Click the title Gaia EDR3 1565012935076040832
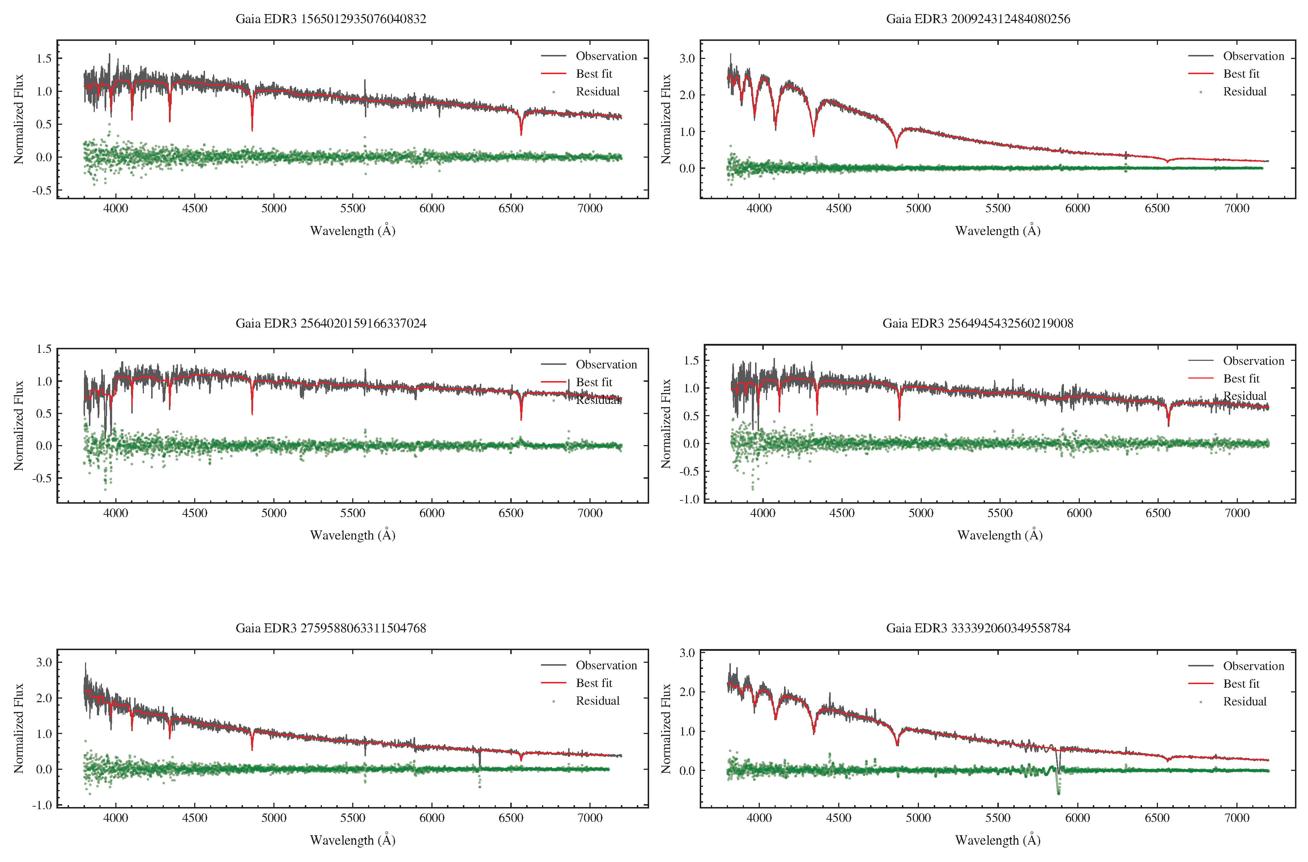tap(331, 19)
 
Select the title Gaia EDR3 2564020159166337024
tap(331, 323)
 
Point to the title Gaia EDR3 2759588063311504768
tap(331, 628)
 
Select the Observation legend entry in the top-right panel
tap(1253, 56)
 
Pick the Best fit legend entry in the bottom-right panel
tap(1241, 684)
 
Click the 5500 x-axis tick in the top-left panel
tap(353, 208)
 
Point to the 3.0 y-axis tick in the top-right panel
tap(687, 58)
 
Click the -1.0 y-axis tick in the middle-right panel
tap(689, 499)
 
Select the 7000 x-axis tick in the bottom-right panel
tap(1236, 818)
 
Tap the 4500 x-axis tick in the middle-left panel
tap(195, 513)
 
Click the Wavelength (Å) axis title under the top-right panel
tap(997, 230)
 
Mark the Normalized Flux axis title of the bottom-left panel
tap(19, 729)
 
